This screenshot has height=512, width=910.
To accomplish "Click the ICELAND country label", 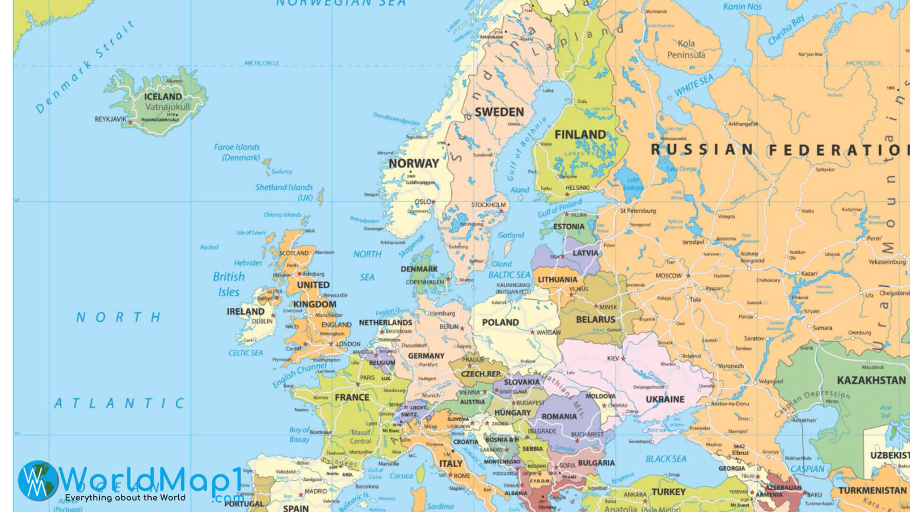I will (163, 97).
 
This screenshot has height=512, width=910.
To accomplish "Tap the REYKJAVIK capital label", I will (111, 119).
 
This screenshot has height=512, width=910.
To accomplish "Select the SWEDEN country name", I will (500, 112).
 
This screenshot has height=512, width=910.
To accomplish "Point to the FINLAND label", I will (580, 135).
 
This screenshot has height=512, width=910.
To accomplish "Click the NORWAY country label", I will (414, 164).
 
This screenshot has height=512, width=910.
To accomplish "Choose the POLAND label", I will (500, 323).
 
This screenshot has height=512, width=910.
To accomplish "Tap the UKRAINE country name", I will (665, 400).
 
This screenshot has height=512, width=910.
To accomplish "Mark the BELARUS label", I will (596, 320).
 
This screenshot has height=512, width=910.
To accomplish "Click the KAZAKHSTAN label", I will (871, 381).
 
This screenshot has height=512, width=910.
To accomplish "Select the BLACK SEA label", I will (666, 459).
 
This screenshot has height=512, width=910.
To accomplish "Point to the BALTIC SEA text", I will (510, 275).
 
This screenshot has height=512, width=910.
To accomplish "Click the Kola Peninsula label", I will (686, 49).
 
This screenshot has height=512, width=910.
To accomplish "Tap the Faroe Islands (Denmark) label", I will (237, 152).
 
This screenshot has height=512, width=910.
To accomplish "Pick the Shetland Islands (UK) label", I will (284, 192).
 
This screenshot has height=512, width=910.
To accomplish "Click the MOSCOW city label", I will (668, 276).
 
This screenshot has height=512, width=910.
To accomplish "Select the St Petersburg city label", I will (638, 211).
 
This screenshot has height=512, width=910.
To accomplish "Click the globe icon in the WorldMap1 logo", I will (38, 480).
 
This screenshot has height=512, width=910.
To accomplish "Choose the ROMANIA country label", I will (559, 417).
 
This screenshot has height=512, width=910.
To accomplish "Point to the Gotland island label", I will (511, 235).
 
